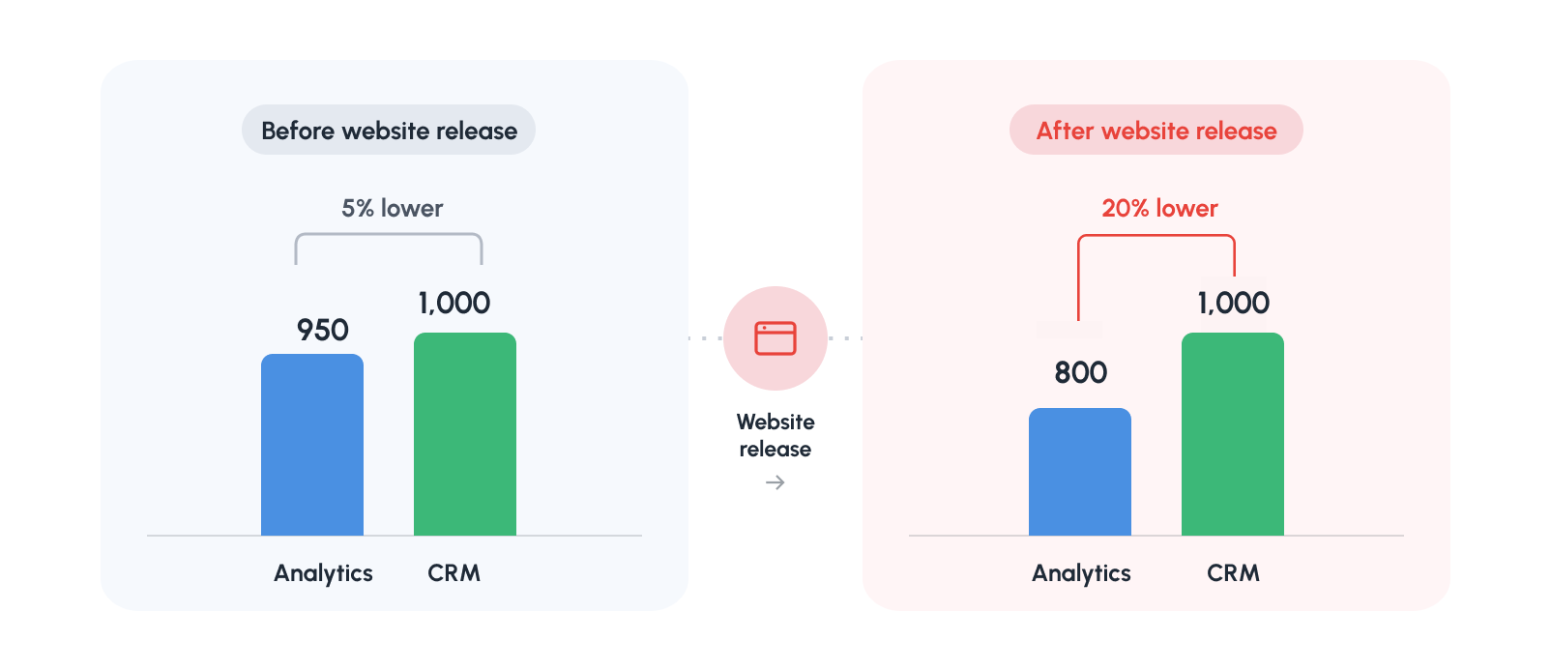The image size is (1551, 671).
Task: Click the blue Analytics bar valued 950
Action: pos(312,445)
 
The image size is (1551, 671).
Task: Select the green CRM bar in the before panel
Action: pos(465,434)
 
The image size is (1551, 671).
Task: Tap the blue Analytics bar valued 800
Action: pos(1080,472)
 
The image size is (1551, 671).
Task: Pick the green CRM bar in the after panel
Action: pos(1233,434)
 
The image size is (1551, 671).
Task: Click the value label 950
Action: pos(323,331)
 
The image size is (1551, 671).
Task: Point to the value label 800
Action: pos(1081,373)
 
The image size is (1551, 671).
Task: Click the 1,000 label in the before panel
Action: pos(454,304)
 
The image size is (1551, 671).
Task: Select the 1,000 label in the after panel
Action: pos(1233,304)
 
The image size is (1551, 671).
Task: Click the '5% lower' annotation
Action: pos(392,209)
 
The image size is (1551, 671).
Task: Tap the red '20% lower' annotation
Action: pos(1159,209)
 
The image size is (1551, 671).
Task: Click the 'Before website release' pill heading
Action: pos(389,131)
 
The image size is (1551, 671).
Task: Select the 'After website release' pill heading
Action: pos(1156,131)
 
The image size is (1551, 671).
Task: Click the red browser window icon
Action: pos(775,338)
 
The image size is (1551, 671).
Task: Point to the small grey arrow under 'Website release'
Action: pos(775,482)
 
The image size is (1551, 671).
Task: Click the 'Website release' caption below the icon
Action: pos(775,435)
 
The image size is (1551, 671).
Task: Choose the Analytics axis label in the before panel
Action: pos(323,574)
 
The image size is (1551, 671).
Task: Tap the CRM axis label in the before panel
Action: pos(454,573)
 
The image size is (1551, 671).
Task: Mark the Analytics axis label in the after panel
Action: pos(1082,574)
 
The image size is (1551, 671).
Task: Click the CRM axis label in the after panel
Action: pos(1233,573)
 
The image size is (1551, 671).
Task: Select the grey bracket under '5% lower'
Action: pos(389,234)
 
